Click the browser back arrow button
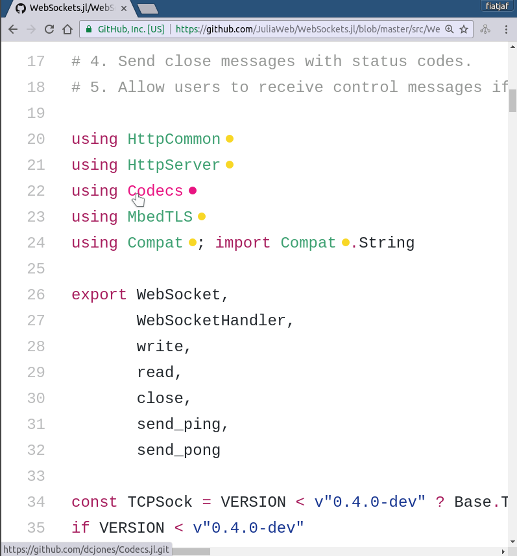13,29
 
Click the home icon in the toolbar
67,29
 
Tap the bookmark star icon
464,29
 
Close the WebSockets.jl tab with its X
123,8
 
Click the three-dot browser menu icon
506,29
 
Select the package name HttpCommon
174,139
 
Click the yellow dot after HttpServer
230,165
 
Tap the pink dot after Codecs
193,191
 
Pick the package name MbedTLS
160,216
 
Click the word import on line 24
243,243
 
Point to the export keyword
99,295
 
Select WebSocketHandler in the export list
211,321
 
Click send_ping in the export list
178,424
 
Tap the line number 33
36,476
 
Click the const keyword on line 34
95,502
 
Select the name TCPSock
160,502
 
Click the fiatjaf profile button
497,6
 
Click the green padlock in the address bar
89,29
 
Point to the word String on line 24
387,243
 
